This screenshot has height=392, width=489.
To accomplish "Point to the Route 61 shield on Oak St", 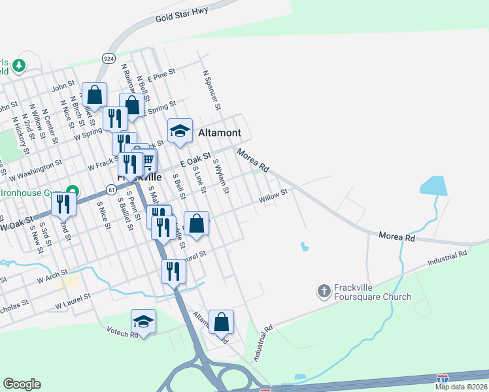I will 112,189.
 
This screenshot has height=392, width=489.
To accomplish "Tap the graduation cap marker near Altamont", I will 180,131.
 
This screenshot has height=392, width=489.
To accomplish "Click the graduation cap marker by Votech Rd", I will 143,321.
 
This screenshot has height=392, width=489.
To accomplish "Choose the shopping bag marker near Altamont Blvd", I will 221,321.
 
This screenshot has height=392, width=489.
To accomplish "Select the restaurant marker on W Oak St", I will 63,204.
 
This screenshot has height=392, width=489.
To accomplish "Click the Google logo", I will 22,384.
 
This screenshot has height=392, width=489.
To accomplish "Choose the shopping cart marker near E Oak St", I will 148,159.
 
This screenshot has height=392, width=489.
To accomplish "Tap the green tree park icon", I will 20,65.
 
